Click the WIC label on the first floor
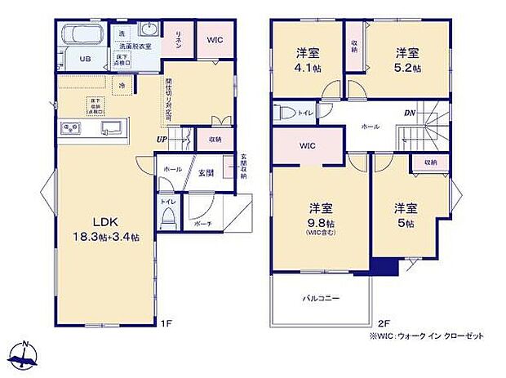click(x=215, y=39)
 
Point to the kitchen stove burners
click(x=69, y=129)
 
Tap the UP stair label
click(x=162, y=140)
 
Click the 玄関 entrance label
click(x=206, y=172)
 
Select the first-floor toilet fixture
click(x=169, y=216)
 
